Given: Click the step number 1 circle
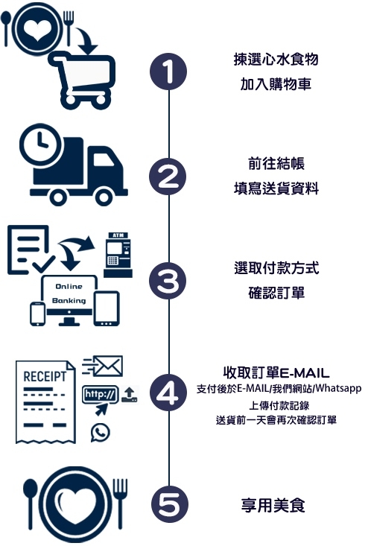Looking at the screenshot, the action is coord(168,72).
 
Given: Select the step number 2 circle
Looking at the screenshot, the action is coord(168,177).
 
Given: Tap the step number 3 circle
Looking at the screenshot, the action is coord(168,281).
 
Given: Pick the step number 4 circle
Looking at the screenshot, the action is coord(168,393).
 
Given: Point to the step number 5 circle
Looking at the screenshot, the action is coord(170,504).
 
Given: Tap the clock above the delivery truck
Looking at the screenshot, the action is coord(39,142).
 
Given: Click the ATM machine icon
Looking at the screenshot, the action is coord(118,255).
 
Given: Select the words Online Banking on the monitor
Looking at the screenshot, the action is coord(69,293).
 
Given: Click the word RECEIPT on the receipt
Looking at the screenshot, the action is coord(45,376).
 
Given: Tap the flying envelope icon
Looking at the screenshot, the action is coord(102,366).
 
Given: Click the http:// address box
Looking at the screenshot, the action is coord(100,395).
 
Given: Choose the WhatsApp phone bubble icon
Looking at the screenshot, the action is coord(101,433).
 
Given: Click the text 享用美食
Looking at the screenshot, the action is coord(273,505).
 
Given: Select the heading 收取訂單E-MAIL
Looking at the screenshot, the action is coord(276,372).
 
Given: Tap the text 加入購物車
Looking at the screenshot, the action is coord(276,84).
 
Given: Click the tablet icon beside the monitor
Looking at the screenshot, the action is coord(107,308).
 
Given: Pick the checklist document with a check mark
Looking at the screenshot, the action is coord(30,250).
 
